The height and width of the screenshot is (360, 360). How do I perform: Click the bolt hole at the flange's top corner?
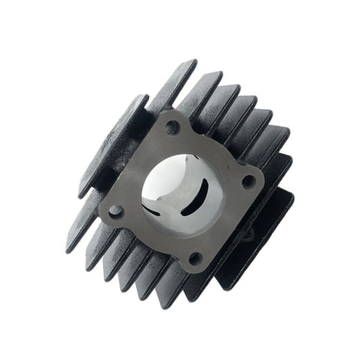pos(172,127)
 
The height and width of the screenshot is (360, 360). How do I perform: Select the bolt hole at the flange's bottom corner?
pos(195,257)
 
